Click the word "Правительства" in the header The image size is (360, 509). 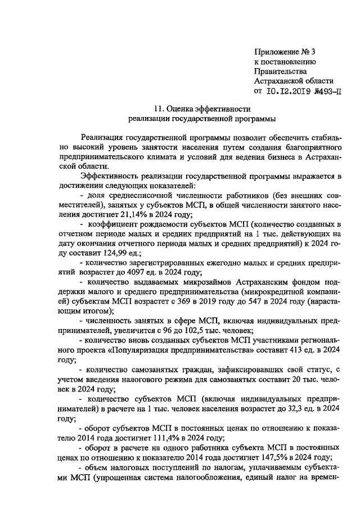click(280, 71)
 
